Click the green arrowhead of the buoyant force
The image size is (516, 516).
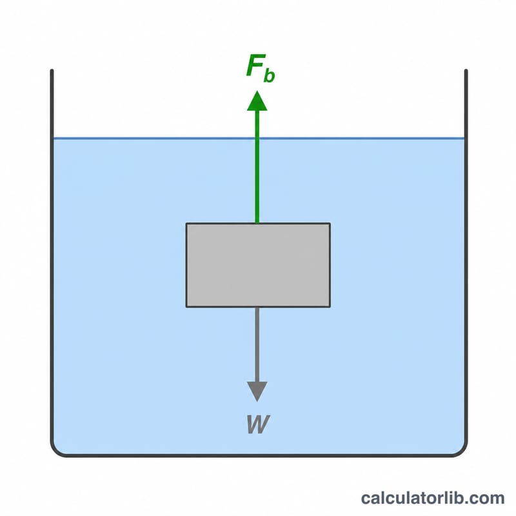[x=257, y=101]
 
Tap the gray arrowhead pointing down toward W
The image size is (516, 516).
[x=257, y=392]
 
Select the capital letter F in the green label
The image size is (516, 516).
[x=255, y=66]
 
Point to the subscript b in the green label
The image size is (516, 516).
[x=269, y=75]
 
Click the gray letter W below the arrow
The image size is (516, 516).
[x=259, y=424]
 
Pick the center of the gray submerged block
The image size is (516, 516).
[x=258, y=265]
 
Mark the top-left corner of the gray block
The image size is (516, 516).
[x=186, y=223]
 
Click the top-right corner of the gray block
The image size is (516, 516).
[x=330, y=223]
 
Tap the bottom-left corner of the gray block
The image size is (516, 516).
[x=186, y=307]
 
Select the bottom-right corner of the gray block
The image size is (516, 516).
[x=330, y=307]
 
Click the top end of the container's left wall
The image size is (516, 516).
[x=52, y=70]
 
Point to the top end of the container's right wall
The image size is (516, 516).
[x=466, y=70]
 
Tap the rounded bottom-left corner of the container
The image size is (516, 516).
[x=56, y=451]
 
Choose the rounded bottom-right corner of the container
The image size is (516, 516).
[x=462, y=451]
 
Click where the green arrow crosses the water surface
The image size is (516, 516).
[x=257, y=139]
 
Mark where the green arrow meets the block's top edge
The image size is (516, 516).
[x=257, y=223]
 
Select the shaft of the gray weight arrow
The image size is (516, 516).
[x=257, y=344]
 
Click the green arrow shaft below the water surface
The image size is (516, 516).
[x=257, y=181]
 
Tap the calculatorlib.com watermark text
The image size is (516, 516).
[x=432, y=498]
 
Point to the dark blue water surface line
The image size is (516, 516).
[x=259, y=139]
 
